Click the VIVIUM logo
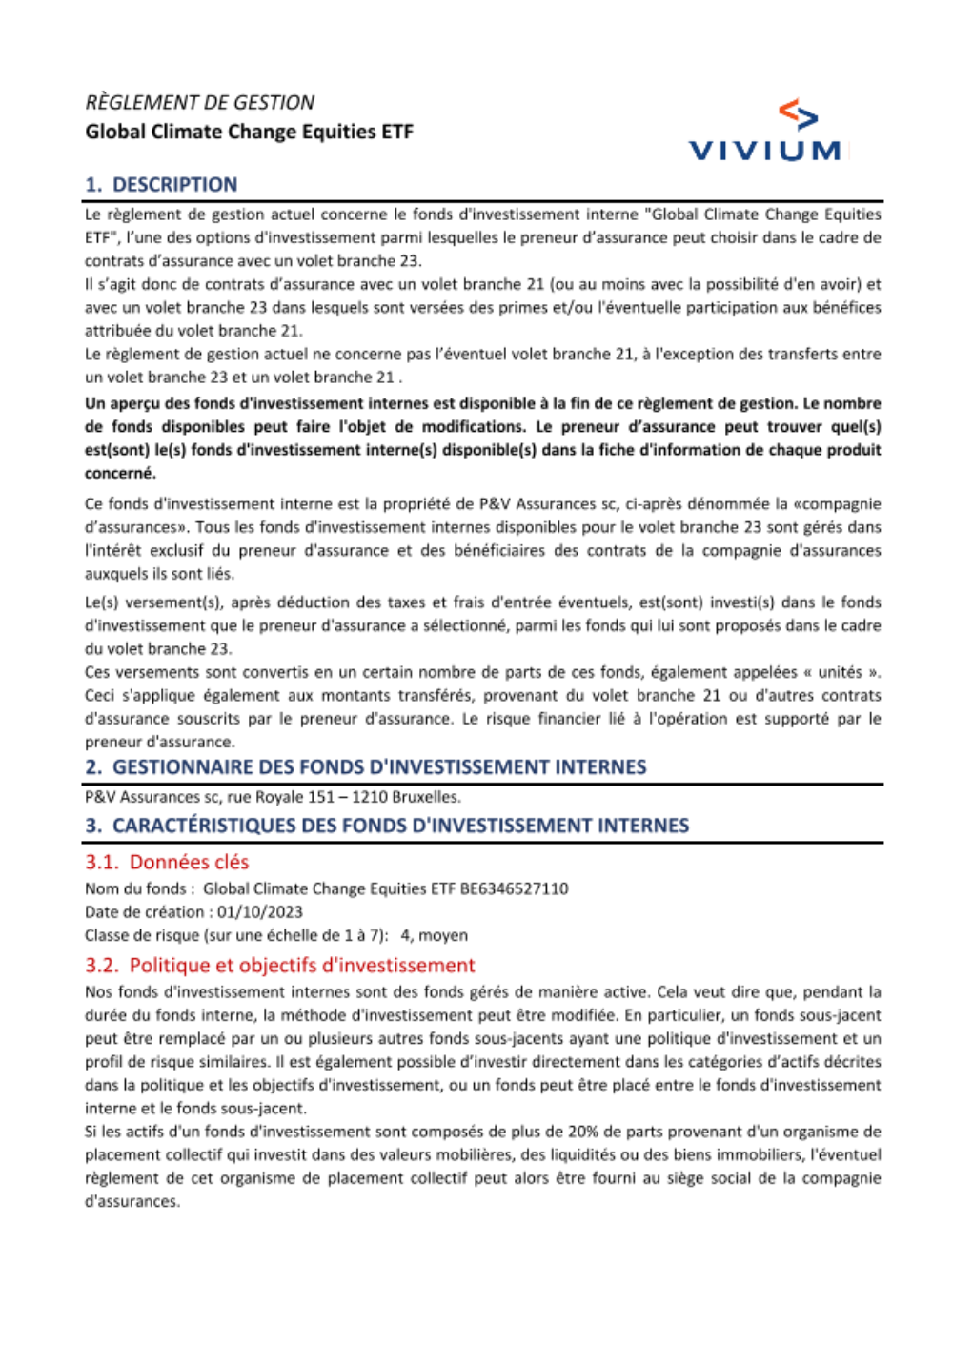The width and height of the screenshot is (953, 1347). (766, 131)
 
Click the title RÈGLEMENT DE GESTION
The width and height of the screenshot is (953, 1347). (199, 102)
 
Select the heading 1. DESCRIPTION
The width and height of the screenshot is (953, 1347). (161, 184)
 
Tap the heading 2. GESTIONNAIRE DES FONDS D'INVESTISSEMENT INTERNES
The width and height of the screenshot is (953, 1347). (365, 766)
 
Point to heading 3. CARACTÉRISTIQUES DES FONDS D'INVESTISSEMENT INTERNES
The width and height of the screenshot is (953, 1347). (387, 826)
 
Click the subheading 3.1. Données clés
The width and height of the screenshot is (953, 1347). (167, 862)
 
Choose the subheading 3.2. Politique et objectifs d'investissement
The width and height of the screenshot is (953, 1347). (279, 965)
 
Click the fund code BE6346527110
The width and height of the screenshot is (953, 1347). (514, 888)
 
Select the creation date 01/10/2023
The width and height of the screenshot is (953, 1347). (259, 911)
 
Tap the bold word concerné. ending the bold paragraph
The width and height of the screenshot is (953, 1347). (120, 473)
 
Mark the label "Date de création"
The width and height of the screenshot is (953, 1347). (144, 911)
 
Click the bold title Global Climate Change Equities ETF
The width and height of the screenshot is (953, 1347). (249, 132)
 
